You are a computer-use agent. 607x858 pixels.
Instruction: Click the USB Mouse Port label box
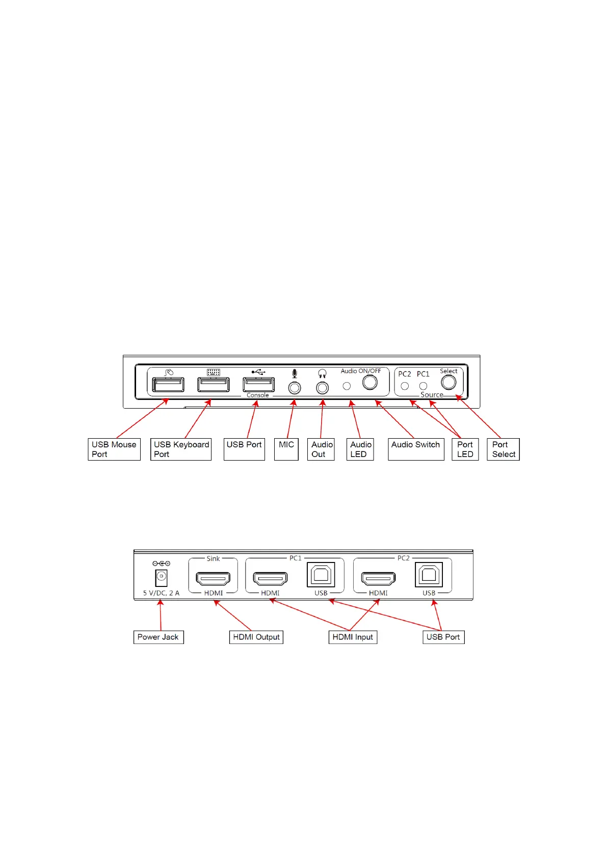coord(114,449)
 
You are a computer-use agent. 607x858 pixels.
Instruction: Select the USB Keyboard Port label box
coord(181,449)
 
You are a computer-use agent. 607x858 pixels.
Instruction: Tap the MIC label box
coord(286,449)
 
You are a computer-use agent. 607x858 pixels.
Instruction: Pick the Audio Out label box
coord(321,449)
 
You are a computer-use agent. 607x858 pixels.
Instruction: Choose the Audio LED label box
coord(360,449)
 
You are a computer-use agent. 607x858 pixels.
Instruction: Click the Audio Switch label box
coord(416,449)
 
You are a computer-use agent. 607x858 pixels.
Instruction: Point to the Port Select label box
coord(503,449)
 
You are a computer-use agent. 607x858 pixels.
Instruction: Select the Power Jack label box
coord(158,637)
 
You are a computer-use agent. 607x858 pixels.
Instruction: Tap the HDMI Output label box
coord(256,637)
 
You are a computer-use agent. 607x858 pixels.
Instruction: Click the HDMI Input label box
coord(353,637)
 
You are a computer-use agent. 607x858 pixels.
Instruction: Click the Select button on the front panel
coord(448,382)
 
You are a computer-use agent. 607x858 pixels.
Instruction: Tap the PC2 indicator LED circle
coord(405,386)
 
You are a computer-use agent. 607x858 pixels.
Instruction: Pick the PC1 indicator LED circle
coord(423,386)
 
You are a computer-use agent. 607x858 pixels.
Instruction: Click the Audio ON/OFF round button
coord(370,382)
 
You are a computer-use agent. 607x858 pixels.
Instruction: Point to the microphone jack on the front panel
coord(295,388)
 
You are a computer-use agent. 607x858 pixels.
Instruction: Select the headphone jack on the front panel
coord(322,388)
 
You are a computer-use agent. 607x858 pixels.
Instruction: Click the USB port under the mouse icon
coord(168,384)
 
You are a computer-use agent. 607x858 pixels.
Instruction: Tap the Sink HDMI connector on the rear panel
coord(213,578)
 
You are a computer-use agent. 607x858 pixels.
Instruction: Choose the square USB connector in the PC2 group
coord(429,575)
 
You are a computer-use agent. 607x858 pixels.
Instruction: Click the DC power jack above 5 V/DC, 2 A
coord(161,577)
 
